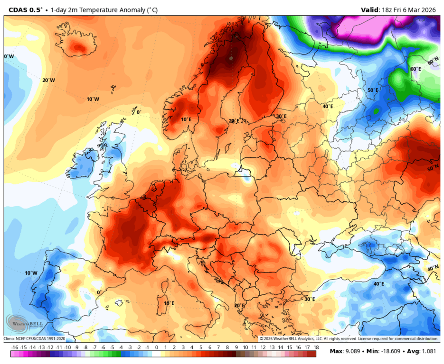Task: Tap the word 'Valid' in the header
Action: (370, 9)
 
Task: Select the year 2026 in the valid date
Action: (430, 9)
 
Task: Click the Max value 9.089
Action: (353, 351)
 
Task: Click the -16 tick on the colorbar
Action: (14, 347)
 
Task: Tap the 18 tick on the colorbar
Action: (316, 347)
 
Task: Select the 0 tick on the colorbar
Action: (157, 347)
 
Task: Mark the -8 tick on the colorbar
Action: (85, 347)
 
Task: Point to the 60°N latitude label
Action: (433, 62)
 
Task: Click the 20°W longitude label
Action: (48, 80)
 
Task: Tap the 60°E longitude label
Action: (416, 69)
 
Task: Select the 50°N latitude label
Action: (433, 168)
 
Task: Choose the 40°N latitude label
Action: (433, 268)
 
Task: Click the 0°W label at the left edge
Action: (9, 56)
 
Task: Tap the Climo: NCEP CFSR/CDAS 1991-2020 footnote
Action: (35, 339)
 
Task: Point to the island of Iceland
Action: (78, 46)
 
